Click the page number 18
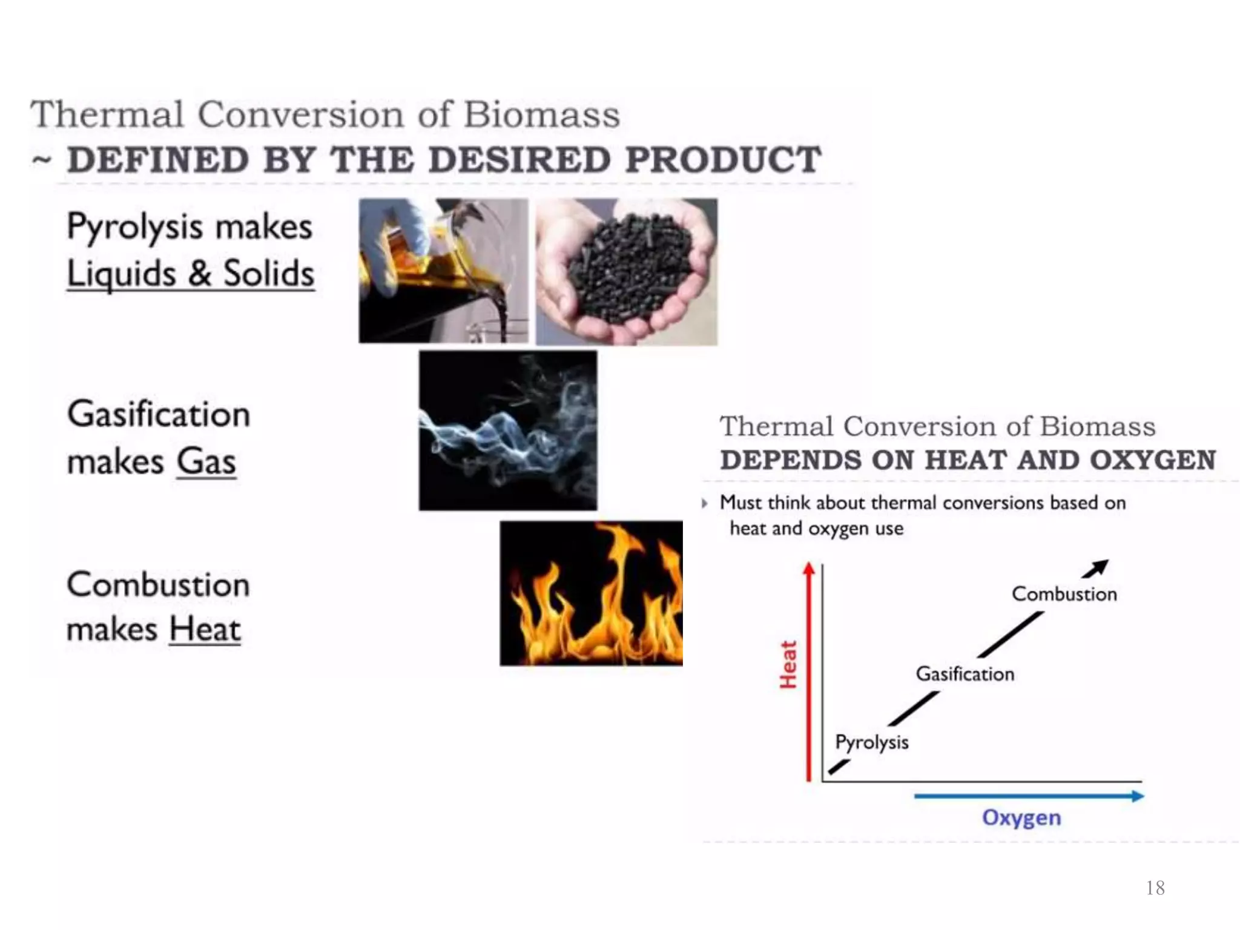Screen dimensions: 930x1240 tap(1155, 888)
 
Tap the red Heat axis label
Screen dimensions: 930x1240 tap(788, 665)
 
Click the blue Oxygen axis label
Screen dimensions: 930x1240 tap(1021, 817)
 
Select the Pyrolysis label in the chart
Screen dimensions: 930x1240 tap(872, 742)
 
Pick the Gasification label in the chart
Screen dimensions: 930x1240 tap(965, 674)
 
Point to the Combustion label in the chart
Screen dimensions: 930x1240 tap(1064, 594)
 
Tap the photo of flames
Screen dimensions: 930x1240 tap(591, 593)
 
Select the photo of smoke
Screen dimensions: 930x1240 tap(507, 430)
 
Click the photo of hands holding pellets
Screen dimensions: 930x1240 tap(627, 272)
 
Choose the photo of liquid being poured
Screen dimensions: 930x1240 tap(443, 271)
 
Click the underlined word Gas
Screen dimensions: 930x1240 tap(206, 461)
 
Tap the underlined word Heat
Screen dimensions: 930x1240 tap(205, 629)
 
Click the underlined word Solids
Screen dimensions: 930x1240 tap(269, 274)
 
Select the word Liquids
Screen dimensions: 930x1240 tap(121, 274)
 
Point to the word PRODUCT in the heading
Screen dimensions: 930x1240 tap(723, 160)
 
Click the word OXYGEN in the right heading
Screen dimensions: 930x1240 tap(1153, 460)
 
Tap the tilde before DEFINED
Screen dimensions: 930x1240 tap(42, 160)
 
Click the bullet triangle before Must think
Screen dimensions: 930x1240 tap(704, 503)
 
